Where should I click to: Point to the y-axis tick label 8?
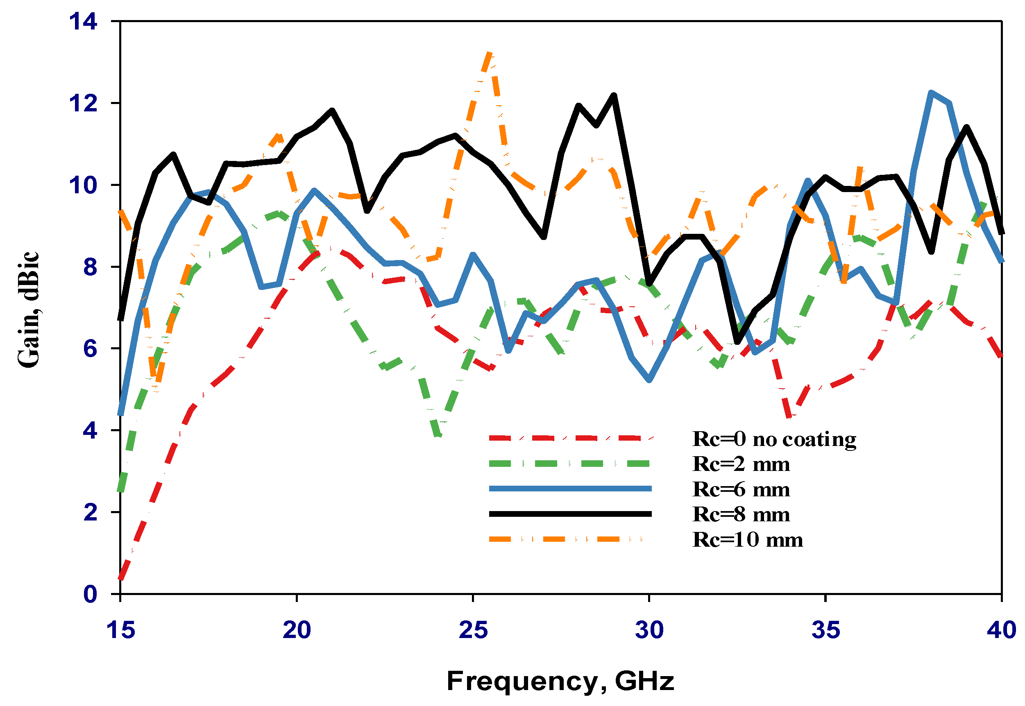(x=90, y=267)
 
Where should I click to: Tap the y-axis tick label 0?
(x=90, y=594)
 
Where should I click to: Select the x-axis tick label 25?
(x=473, y=630)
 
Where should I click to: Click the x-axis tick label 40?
(x=1001, y=630)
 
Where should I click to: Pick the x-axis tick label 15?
(x=120, y=630)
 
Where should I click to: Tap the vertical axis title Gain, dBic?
(x=28, y=309)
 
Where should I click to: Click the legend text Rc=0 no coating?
(x=774, y=439)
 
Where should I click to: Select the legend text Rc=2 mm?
(x=741, y=464)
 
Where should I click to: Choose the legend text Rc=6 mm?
(x=741, y=489)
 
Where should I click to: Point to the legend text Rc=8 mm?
(x=741, y=514)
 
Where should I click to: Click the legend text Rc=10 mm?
(x=748, y=540)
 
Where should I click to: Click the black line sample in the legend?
(x=570, y=514)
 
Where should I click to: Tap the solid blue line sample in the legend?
(x=570, y=489)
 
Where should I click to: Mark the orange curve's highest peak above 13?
(x=489, y=54)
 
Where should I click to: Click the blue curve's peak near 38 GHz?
(x=932, y=93)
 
